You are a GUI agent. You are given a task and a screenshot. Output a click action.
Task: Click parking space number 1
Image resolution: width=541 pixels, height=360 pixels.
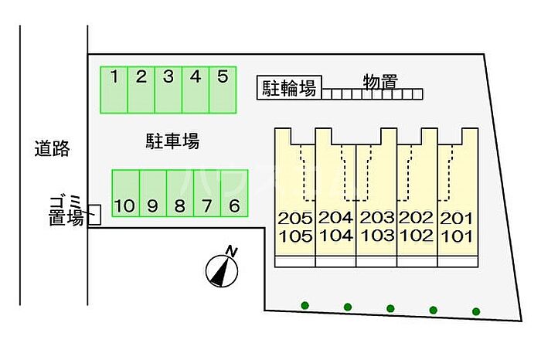114,90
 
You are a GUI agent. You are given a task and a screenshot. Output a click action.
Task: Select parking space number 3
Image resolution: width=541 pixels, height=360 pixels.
168,90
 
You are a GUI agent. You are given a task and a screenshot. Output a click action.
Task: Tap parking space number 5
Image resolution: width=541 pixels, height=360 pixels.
223,90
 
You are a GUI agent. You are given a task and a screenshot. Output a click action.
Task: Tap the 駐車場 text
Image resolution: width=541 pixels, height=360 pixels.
173,141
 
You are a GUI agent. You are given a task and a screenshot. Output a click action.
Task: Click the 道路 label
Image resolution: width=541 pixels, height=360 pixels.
52,148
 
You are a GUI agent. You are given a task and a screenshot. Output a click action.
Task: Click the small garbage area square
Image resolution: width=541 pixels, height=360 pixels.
94,216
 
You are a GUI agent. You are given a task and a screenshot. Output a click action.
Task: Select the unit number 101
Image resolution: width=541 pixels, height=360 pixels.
457,236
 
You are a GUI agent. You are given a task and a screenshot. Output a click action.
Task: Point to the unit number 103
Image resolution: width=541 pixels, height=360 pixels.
376,236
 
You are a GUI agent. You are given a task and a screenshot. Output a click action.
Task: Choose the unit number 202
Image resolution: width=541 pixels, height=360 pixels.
417,219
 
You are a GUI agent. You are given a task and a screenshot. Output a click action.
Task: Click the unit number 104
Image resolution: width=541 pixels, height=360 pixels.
335,236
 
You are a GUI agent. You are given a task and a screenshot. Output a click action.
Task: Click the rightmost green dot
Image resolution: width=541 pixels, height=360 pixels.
476,311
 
